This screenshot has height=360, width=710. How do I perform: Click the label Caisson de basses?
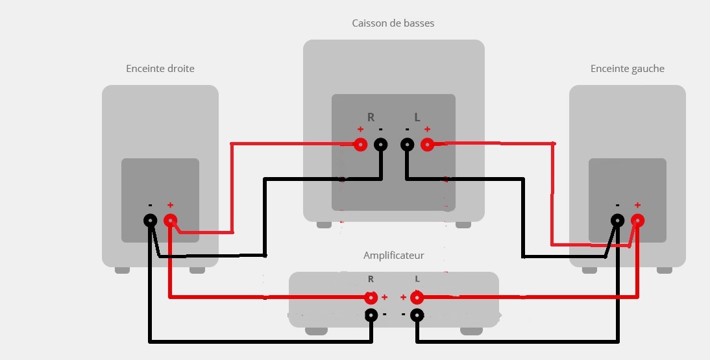click(393, 23)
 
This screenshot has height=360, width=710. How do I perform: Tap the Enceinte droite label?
click(160, 69)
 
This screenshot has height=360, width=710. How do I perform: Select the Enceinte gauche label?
click(628, 69)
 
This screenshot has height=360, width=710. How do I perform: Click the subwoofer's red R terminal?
click(361, 145)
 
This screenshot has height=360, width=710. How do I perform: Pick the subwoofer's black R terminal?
click(381, 145)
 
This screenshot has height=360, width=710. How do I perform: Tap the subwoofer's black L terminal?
click(407, 145)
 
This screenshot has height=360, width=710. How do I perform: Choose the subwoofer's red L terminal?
click(427, 145)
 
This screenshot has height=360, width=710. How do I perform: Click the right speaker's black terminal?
click(150, 221)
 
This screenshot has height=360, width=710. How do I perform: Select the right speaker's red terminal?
click(170, 221)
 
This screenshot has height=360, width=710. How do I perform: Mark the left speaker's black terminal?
click(617, 221)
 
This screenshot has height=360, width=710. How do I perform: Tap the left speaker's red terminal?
click(637, 221)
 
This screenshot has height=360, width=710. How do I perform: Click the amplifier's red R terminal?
click(371, 298)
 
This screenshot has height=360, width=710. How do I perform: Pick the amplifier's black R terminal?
click(371, 316)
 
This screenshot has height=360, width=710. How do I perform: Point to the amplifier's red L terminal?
click(417, 298)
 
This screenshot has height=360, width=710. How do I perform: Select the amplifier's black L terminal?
click(417, 316)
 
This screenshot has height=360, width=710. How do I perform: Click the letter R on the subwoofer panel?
click(371, 117)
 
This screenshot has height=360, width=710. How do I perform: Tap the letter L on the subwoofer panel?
click(417, 117)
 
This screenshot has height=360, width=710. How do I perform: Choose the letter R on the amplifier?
click(371, 279)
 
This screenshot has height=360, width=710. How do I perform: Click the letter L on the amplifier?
click(417, 279)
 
